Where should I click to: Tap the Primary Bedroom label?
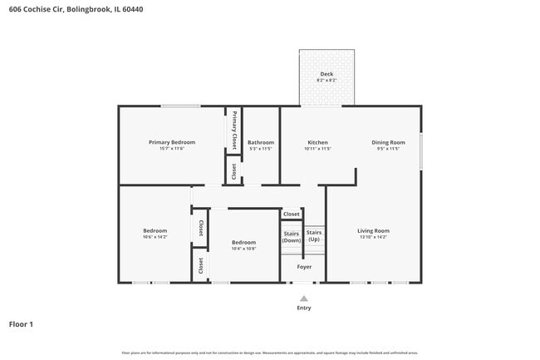pyautogui.click(x=171, y=142)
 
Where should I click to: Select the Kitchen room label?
pyautogui.click(x=318, y=142)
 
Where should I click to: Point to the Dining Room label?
pyautogui.click(x=388, y=142)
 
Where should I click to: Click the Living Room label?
pyautogui.click(x=373, y=230)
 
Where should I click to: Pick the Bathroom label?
pyautogui.click(x=260, y=142)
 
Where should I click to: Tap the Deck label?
pyautogui.click(x=326, y=74)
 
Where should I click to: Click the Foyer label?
pyautogui.click(x=305, y=267)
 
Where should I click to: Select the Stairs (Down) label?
pyautogui.click(x=292, y=237)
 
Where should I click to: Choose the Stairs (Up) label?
pyautogui.click(x=314, y=235)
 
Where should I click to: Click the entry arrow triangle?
pyautogui.click(x=304, y=298)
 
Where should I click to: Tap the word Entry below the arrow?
pyautogui.click(x=304, y=308)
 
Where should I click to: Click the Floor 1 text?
pyautogui.click(x=21, y=324)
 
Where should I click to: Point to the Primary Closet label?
pyautogui.click(x=234, y=130)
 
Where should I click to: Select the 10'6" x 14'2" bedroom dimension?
pyautogui.click(x=155, y=237)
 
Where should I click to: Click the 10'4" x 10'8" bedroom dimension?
pyautogui.click(x=243, y=249)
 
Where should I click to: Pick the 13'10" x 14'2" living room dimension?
pyautogui.click(x=373, y=237)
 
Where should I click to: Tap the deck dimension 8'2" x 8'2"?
pyautogui.click(x=326, y=81)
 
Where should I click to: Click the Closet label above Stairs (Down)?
pyautogui.click(x=292, y=214)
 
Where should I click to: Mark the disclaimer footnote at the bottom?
pyautogui.click(x=270, y=353)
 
